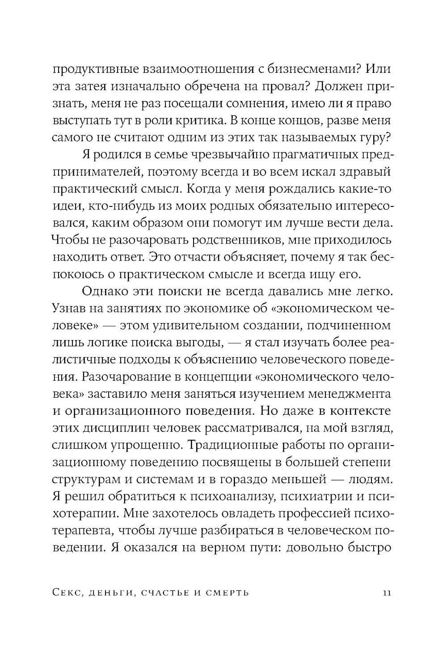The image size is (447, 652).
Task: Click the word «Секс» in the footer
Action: click(x=69, y=593)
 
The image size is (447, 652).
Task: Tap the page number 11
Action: click(x=387, y=593)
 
